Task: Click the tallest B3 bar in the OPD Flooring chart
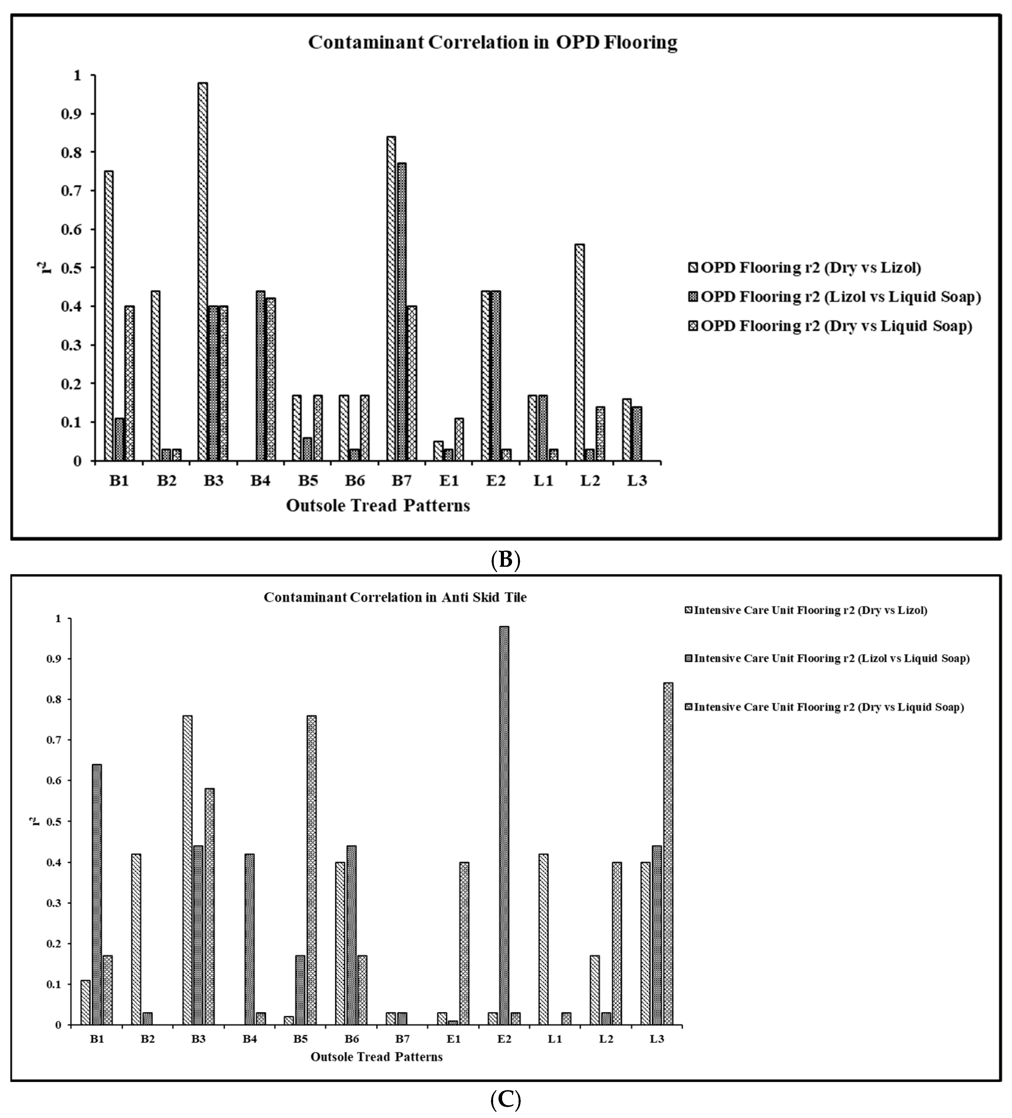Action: click(203, 272)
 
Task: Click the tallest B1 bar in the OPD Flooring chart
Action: click(109, 316)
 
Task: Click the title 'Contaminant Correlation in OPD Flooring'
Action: click(493, 43)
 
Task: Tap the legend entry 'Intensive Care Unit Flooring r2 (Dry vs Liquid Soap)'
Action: click(828, 707)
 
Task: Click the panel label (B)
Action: click(506, 561)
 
